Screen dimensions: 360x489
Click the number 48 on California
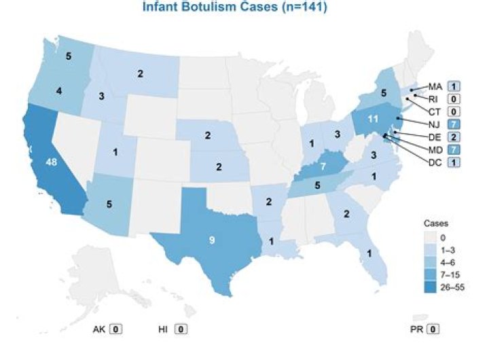pos(51,162)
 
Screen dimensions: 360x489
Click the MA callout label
pos(435,86)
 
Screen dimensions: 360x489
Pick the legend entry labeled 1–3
pos(452,250)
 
